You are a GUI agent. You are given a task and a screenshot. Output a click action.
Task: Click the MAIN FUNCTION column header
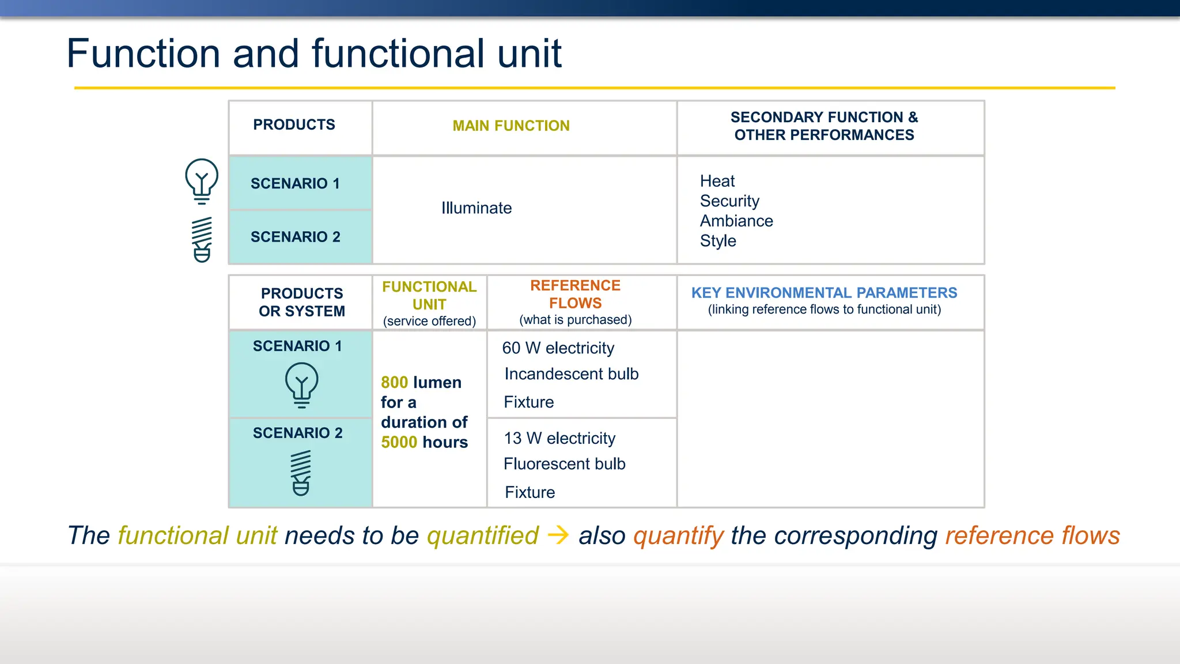510,126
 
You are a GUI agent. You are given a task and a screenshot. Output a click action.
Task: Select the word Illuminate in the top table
476,208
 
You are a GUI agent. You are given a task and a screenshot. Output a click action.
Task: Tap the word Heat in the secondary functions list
717,181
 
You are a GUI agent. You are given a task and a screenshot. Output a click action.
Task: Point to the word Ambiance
736,221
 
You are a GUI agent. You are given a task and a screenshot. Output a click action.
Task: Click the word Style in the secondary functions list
717,241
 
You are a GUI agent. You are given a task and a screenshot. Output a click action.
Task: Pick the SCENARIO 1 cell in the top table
295,183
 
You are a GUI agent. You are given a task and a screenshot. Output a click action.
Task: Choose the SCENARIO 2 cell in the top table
295,237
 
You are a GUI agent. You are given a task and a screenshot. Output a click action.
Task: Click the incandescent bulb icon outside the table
202,181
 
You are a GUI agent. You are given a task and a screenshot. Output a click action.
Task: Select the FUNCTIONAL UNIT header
429,295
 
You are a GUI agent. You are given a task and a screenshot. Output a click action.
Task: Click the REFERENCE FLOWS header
575,294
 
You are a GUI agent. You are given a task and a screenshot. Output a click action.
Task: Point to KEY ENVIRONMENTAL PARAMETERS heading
824,293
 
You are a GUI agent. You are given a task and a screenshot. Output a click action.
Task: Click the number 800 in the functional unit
395,383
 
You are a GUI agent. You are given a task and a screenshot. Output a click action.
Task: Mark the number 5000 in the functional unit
399,442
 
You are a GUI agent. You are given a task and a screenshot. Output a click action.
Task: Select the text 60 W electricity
558,348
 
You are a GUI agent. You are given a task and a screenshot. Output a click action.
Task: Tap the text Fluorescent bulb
564,464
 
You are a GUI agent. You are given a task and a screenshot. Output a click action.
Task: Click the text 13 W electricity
559,439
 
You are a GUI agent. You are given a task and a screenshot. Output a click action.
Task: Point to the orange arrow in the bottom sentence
558,535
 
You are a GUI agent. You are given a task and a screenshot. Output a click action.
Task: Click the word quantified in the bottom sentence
482,535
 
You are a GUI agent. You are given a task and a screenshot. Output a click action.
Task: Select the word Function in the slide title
143,54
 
